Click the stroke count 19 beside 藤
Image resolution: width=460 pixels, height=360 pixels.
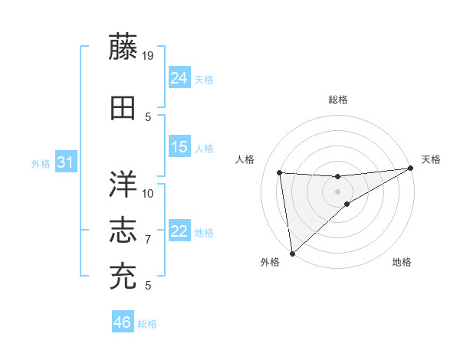click(x=149, y=55)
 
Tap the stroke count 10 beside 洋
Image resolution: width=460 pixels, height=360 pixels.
click(x=148, y=193)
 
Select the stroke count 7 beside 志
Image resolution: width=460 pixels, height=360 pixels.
click(x=148, y=240)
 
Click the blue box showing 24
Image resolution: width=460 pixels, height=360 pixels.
click(x=179, y=77)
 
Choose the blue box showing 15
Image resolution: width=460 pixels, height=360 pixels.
click(x=179, y=147)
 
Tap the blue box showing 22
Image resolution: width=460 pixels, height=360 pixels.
click(x=179, y=231)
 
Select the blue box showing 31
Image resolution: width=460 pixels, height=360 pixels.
click(x=66, y=162)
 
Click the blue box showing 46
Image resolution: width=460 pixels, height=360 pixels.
click(x=123, y=322)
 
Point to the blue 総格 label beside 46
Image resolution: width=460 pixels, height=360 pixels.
click(x=148, y=324)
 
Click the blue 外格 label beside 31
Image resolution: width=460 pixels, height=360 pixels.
click(x=41, y=164)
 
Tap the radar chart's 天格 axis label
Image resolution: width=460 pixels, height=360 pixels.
click(x=431, y=159)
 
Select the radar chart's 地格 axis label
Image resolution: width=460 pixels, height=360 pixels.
click(x=402, y=263)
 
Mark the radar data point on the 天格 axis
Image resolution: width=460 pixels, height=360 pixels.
click(x=411, y=169)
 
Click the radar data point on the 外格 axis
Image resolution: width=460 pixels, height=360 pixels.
click(x=292, y=253)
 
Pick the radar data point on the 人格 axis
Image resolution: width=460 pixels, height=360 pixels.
click(x=280, y=172)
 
